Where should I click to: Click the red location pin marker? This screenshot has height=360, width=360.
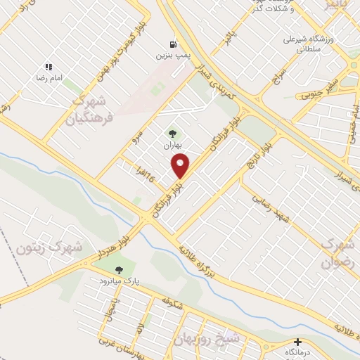[181, 166]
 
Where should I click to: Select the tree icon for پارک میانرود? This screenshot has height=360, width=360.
[117, 269]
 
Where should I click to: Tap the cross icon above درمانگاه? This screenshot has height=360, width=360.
[297, 341]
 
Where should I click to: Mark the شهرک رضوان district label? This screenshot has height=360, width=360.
[336, 252]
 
